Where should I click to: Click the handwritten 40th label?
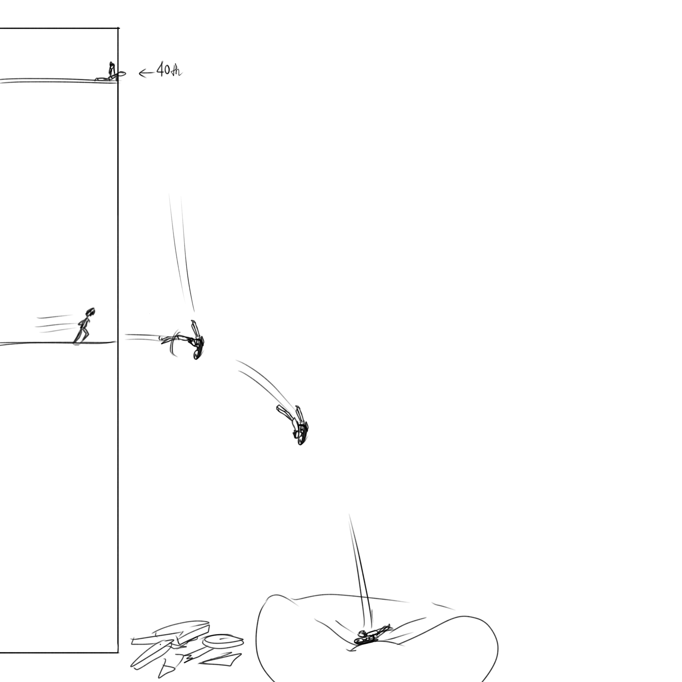coord(169,71)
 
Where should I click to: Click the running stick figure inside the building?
coord(84,326)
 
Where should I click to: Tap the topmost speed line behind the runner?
coord(55,316)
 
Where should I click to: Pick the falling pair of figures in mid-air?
coord(294,424)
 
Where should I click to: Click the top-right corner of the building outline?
coord(118,28)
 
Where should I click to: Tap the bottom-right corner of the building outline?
coord(118,652)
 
